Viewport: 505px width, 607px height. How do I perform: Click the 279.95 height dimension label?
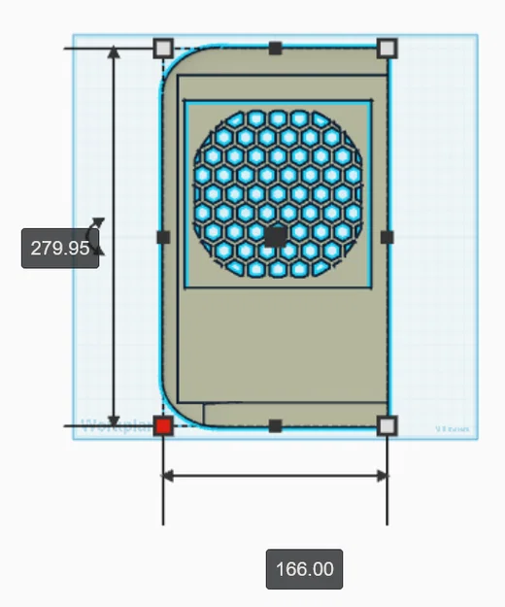[60, 248]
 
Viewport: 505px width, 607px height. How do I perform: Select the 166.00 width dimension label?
[304, 568]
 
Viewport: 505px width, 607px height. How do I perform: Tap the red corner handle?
[163, 425]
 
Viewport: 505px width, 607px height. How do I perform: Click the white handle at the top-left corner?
[163, 48]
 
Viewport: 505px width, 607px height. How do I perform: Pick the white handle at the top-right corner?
[387, 48]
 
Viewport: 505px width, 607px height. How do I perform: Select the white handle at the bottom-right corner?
[387, 425]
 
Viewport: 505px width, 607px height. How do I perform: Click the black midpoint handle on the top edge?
[276, 48]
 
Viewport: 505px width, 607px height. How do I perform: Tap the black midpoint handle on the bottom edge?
[275, 425]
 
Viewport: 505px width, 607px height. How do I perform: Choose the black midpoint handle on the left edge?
[163, 236]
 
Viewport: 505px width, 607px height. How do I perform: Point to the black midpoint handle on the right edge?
[387, 236]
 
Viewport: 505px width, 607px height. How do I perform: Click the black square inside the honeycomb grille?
[276, 236]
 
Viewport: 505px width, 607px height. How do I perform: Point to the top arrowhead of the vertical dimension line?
[115, 53]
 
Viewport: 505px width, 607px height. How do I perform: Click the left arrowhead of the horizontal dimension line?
[168, 475]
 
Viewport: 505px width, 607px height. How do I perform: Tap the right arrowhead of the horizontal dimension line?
[382, 475]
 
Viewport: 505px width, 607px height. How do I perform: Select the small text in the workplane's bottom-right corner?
[452, 428]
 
